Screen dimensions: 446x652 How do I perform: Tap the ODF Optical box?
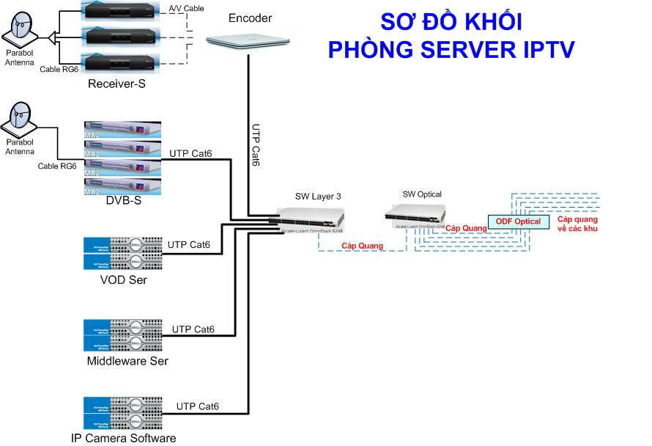point(518,222)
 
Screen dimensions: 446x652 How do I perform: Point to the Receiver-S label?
point(116,84)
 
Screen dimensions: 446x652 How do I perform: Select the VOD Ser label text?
point(122,279)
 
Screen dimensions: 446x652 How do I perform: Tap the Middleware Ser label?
point(127,361)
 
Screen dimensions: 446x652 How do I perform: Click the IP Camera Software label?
point(123,438)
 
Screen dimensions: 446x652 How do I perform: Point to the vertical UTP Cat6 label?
point(256,145)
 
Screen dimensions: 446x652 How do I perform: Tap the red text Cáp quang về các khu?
point(577,224)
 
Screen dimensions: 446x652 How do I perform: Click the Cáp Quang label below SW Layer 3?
point(362,246)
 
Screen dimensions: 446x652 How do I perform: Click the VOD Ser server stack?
point(123,254)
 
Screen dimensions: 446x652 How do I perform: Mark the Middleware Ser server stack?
point(123,336)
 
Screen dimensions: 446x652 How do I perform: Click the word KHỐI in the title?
point(488,22)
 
